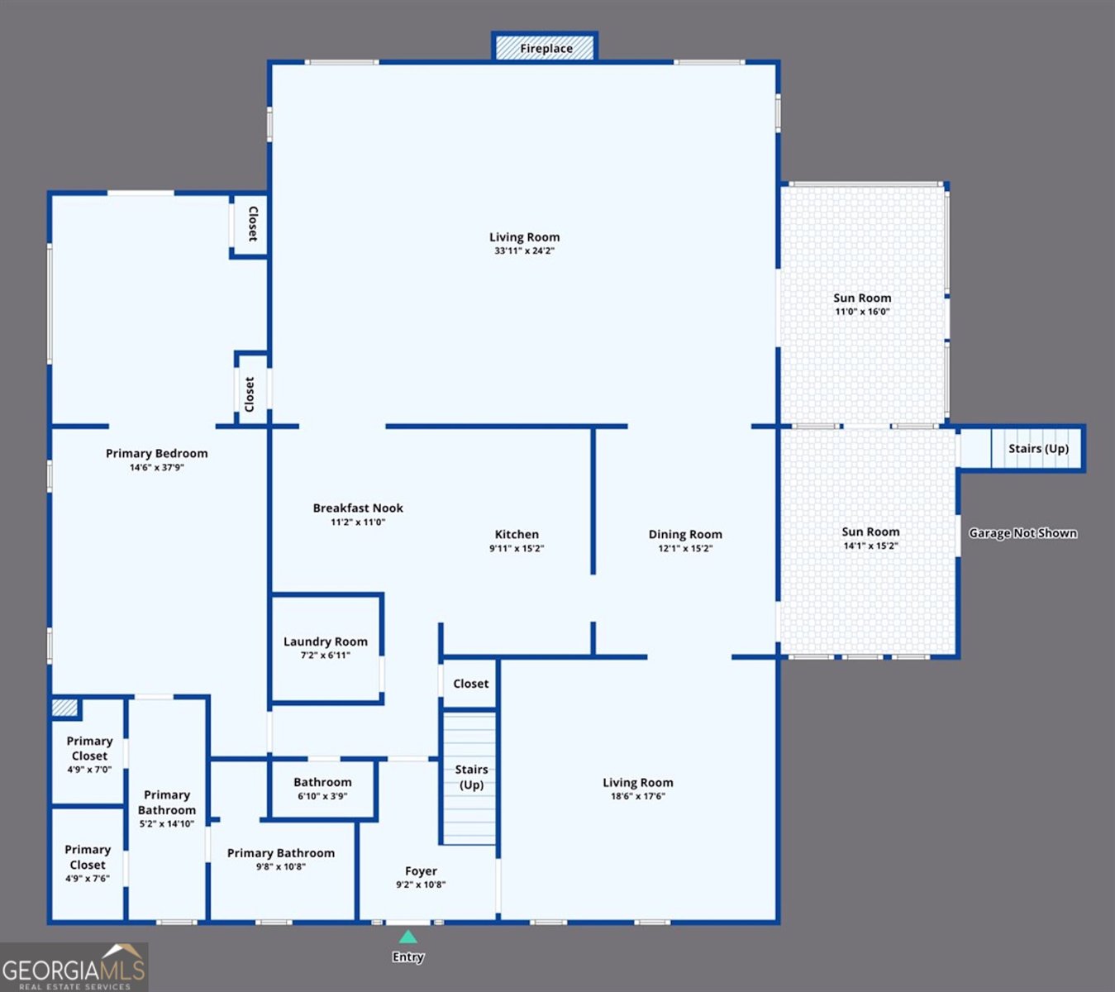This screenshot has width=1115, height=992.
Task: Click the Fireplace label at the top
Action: [x=546, y=49]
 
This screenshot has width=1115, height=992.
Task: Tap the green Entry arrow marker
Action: [x=407, y=937]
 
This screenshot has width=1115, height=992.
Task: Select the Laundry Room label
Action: [x=326, y=641]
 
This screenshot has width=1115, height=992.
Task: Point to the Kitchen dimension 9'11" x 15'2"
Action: [x=517, y=548]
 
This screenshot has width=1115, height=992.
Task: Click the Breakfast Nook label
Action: [x=358, y=508]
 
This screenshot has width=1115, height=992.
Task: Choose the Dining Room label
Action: [x=685, y=534]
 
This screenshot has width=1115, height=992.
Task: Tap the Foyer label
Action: [x=421, y=870]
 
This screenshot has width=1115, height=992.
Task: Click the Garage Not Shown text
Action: [x=1022, y=533]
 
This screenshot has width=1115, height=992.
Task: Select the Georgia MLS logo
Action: [x=74, y=967]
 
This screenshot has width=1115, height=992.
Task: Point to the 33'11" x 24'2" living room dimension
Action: [x=524, y=251]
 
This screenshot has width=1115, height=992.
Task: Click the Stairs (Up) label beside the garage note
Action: [x=1038, y=448]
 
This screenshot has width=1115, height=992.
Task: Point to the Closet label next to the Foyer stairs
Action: [x=470, y=683]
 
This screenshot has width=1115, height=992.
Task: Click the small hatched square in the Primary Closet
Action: [x=64, y=708]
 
